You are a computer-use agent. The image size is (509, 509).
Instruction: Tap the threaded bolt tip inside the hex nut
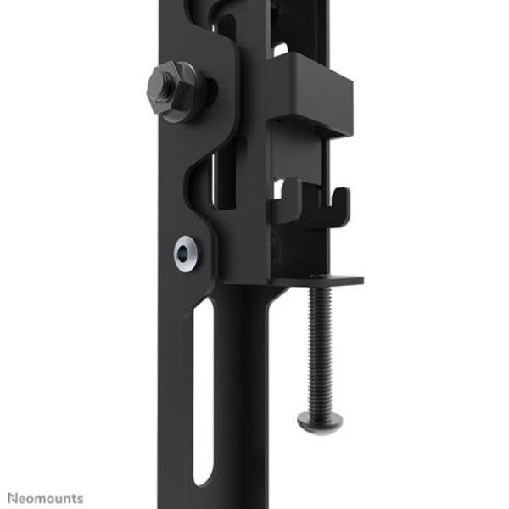tap(166, 88)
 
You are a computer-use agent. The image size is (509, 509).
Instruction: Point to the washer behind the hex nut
tap(188, 93)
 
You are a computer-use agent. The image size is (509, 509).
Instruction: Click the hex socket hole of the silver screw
tap(183, 253)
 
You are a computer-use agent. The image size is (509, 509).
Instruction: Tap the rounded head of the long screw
tap(320, 422)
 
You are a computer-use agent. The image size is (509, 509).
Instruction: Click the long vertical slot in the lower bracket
tap(204, 392)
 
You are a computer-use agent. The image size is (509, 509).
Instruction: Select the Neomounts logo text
tap(46, 498)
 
